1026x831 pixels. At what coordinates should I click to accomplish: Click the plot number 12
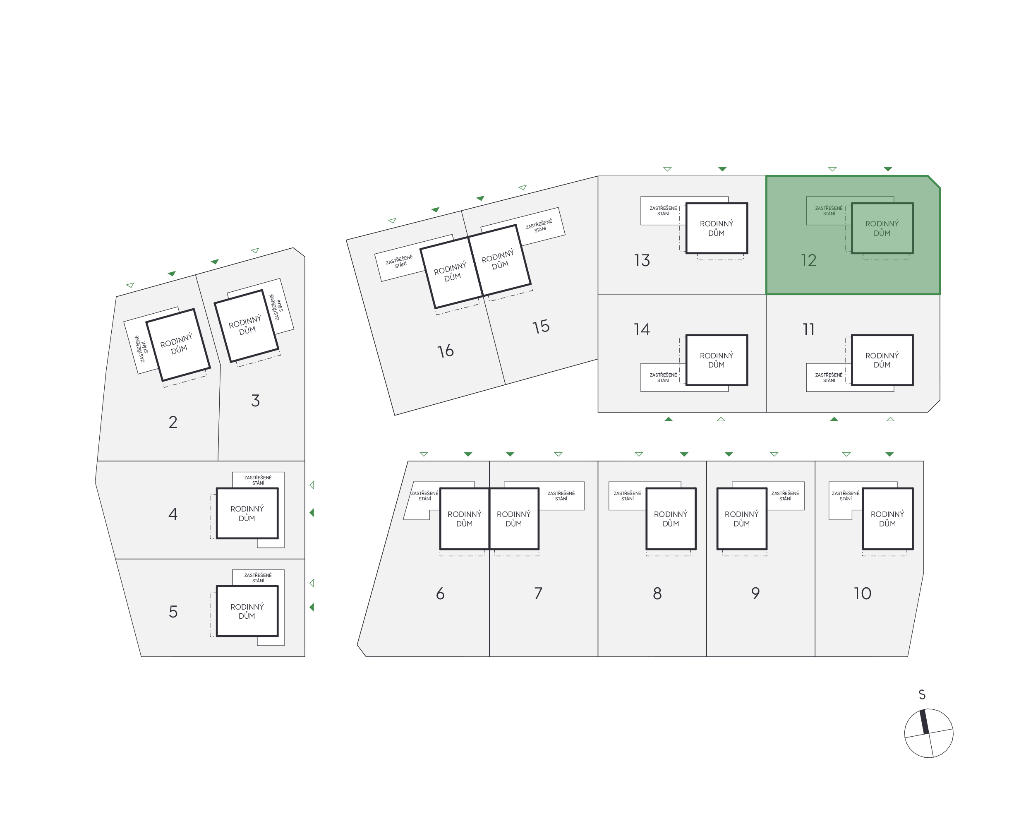point(808,260)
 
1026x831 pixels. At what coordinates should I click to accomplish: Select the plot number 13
point(642,260)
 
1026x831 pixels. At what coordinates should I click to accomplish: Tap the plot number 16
point(446,351)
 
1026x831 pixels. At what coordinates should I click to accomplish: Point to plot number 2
point(173,422)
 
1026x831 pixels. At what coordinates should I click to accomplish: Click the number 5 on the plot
point(173,611)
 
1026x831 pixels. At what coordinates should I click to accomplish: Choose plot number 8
point(657,593)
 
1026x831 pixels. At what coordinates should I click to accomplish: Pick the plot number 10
point(862,593)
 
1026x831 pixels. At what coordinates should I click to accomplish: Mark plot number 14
point(642,329)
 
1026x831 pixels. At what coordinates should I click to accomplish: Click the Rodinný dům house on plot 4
point(247,513)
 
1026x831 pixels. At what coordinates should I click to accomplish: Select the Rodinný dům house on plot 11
point(882,360)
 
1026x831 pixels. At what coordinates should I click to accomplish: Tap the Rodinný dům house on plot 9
point(741,519)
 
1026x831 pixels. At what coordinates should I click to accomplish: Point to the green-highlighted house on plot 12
point(882,228)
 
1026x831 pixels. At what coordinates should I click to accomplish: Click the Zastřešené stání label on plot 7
point(561,496)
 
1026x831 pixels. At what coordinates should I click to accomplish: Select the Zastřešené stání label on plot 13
point(663,211)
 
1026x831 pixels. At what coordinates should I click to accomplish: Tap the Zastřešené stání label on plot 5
point(258,578)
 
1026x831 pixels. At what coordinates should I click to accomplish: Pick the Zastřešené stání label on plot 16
point(400,262)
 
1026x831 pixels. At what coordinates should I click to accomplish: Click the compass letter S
point(922,694)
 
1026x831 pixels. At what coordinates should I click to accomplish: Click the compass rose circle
point(928,733)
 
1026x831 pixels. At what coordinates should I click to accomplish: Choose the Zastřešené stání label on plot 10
point(845,496)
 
